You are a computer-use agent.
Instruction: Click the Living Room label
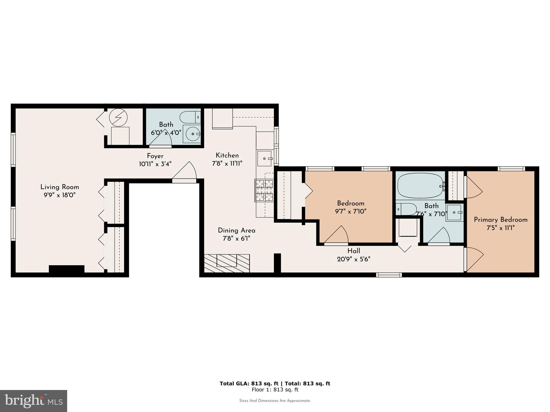click(60, 187)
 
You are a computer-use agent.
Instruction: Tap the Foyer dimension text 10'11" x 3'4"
click(155, 164)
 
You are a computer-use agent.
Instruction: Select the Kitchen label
click(227, 155)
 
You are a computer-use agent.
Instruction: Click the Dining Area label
click(236, 230)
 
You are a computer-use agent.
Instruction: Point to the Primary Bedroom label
click(501, 220)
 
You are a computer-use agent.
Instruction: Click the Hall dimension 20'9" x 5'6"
click(354, 259)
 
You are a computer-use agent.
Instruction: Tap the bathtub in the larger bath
click(420, 185)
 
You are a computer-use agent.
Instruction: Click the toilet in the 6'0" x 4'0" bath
click(189, 117)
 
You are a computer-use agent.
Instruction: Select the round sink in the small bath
click(192, 134)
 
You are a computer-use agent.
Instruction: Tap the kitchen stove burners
click(264, 191)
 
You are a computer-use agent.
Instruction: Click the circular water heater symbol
click(118, 117)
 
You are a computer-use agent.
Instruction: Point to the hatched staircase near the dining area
click(227, 263)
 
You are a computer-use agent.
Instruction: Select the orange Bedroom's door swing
click(337, 235)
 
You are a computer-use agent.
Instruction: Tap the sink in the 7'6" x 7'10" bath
click(454, 213)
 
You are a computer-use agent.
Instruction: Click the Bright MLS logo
click(34, 401)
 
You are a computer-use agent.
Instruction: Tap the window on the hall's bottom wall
click(389, 275)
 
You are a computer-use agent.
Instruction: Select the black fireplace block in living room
click(67, 269)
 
